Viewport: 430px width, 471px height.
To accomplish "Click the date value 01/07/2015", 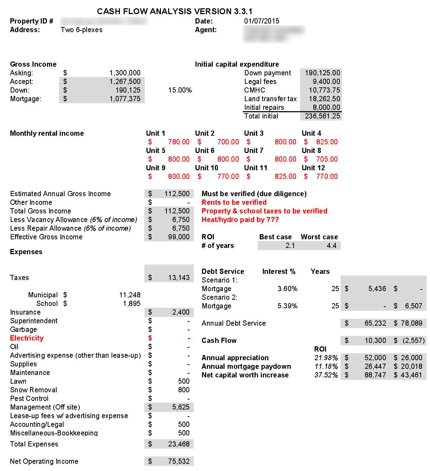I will [x=261, y=21].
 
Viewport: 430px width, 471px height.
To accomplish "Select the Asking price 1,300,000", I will [x=125, y=73].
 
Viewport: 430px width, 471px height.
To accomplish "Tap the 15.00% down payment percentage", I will [x=180, y=90].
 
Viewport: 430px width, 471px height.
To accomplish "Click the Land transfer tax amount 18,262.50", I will [x=324, y=99].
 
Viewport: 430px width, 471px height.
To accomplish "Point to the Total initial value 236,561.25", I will [x=322, y=116].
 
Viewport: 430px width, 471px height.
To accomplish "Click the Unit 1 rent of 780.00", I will [x=179, y=142].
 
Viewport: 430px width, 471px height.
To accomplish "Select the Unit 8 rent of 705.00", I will [x=327, y=159].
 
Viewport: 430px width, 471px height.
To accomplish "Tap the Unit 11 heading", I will [x=256, y=168].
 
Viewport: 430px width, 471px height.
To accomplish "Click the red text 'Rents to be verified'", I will [x=234, y=202].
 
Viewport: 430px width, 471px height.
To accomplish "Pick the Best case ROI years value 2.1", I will [x=290, y=246].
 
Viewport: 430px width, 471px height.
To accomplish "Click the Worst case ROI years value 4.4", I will [x=331, y=246].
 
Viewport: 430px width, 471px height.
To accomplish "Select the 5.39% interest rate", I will [x=287, y=306].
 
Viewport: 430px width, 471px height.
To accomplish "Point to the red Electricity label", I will [x=27, y=338].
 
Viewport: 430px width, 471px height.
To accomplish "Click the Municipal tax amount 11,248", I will [x=130, y=295].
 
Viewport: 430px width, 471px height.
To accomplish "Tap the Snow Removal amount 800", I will [x=183, y=390].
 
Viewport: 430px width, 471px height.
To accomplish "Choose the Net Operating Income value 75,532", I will [x=179, y=461].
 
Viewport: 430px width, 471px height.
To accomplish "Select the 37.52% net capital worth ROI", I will [x=326, y=375].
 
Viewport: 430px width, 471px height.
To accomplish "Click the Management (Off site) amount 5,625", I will [x=181, y=407].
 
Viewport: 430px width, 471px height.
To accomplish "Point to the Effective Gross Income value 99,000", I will [x=179, y=237].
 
